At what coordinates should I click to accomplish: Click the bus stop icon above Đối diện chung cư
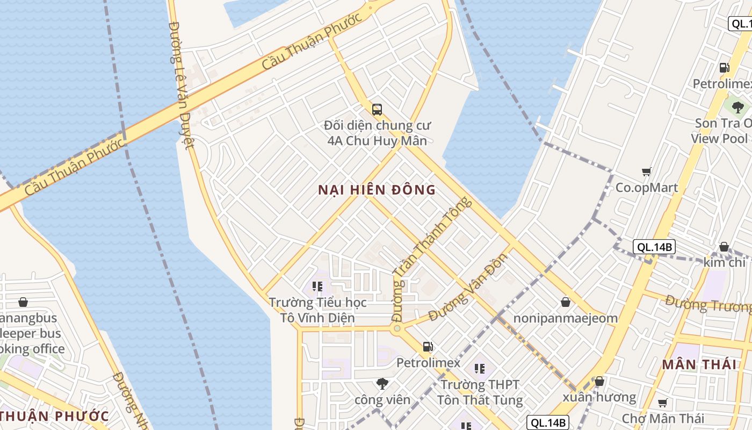377,110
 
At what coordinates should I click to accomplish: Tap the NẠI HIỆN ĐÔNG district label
377,190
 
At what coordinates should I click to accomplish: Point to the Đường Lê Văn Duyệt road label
180,86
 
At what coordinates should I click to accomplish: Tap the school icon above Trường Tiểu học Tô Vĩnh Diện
317,286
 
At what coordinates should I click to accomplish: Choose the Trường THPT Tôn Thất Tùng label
480,392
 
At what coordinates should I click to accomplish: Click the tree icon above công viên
382,383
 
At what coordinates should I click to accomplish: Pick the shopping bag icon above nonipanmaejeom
566,302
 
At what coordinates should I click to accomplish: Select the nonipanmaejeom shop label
566,318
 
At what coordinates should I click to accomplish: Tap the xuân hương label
599,397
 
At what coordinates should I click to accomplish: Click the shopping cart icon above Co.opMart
647,172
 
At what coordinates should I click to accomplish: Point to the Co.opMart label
647,188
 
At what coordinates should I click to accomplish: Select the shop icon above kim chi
724,247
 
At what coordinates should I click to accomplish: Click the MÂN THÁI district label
699,364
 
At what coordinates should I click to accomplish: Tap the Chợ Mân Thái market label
663,418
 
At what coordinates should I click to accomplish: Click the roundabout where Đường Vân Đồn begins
397,328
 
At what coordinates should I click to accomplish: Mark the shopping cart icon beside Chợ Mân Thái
663,403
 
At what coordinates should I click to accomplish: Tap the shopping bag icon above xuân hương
599,382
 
